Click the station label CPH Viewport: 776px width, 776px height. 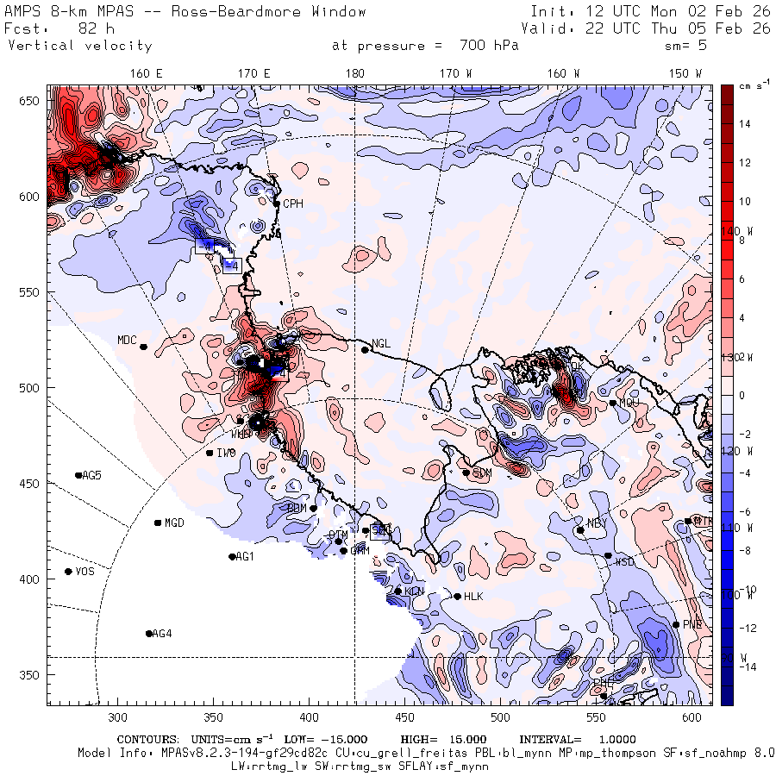(x=293, y=203)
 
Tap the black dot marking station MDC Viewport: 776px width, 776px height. (x=143, y=347)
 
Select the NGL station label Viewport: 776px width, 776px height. (x=381, y=343)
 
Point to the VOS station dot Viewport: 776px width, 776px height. (x=68, y=572)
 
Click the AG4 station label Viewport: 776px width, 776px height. (x=162, y=634)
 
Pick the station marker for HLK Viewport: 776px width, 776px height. (x=457, y=596)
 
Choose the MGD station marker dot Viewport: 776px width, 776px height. (x=158, y=523)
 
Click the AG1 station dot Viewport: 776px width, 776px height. (x=232, y=557)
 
